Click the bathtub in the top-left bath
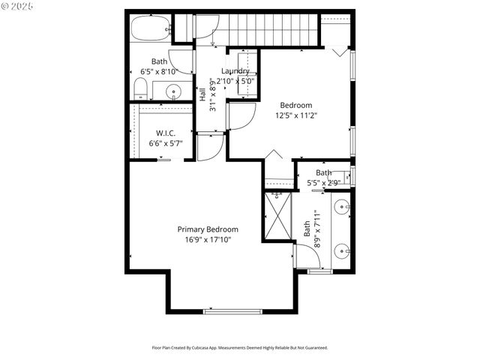(x=151, y=30)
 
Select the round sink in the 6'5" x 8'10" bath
(x=174, y=92)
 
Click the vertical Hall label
(x=202, y=94)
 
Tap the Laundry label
(x=235, y=71)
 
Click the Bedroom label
(x=295, y=106)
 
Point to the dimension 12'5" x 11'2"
(x=295, y=115)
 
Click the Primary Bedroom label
(x=208, y=229)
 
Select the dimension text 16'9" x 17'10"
(x=208, y=240)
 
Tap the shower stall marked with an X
(x=277, y=216)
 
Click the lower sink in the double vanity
(x=342, y=251)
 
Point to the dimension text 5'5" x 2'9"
(x=323, y=182)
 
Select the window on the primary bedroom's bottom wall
(x=232, y=310)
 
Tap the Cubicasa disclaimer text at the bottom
(x=240, y=348)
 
